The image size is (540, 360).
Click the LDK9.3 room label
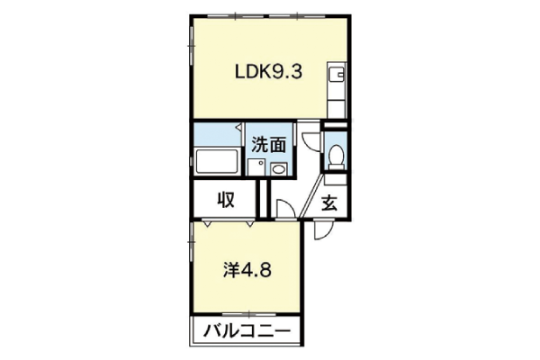pyautogui.click(x=268, y=72)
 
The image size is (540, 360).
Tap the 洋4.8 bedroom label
pyautogui.click(x=247, y=270)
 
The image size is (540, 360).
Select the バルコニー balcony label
pyautogui.click(x=247, y=331)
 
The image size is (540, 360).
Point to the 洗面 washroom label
pyautogui.click(x=268, y=145)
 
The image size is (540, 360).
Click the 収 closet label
pyautogui.click(x=226, y=200)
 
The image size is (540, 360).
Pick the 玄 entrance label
pyautogui.click(x=329, y=202)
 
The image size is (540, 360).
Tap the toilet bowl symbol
pyautogui.click(x=336, y=157)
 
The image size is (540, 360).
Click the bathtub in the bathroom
pyautogui.click(x=217, y=161)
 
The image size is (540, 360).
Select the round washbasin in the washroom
pyautogui.click(x=278, y=169)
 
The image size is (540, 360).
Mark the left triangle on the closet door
pyautogui.click(x=207, y=224)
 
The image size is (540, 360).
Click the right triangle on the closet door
pyautogui.click(x=249, y=224)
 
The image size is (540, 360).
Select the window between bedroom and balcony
pyautogui.click(x=248, y=314)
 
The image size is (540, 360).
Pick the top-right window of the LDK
pyautogui.click(x=297, y=16)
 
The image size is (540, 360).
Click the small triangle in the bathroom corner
pyautogui.click(x=238, y=128)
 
